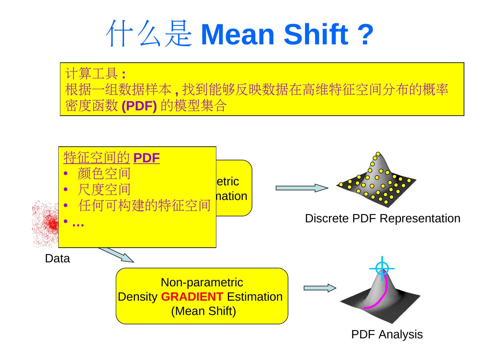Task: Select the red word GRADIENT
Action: tap(192, 296)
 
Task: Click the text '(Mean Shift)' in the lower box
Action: tap(203, 311)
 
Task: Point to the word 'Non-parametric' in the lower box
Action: tap(202, 282)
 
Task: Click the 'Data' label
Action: tap(57, 258)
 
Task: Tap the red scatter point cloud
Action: tap(47, 223)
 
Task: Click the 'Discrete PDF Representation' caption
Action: tap(382, 218)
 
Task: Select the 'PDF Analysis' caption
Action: tap(387, 334)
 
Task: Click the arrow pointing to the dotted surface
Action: tap(301, 188)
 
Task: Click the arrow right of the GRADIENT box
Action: tap(320, 288)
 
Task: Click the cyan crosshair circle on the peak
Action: tap(382, 268)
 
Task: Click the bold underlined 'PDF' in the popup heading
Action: tap(146, 158)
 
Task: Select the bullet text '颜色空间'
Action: tap(104, 173)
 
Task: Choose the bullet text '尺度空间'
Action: tap(104, 189)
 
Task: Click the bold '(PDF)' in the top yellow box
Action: tap(139, 106)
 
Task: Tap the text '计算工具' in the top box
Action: tap(91, 73)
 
